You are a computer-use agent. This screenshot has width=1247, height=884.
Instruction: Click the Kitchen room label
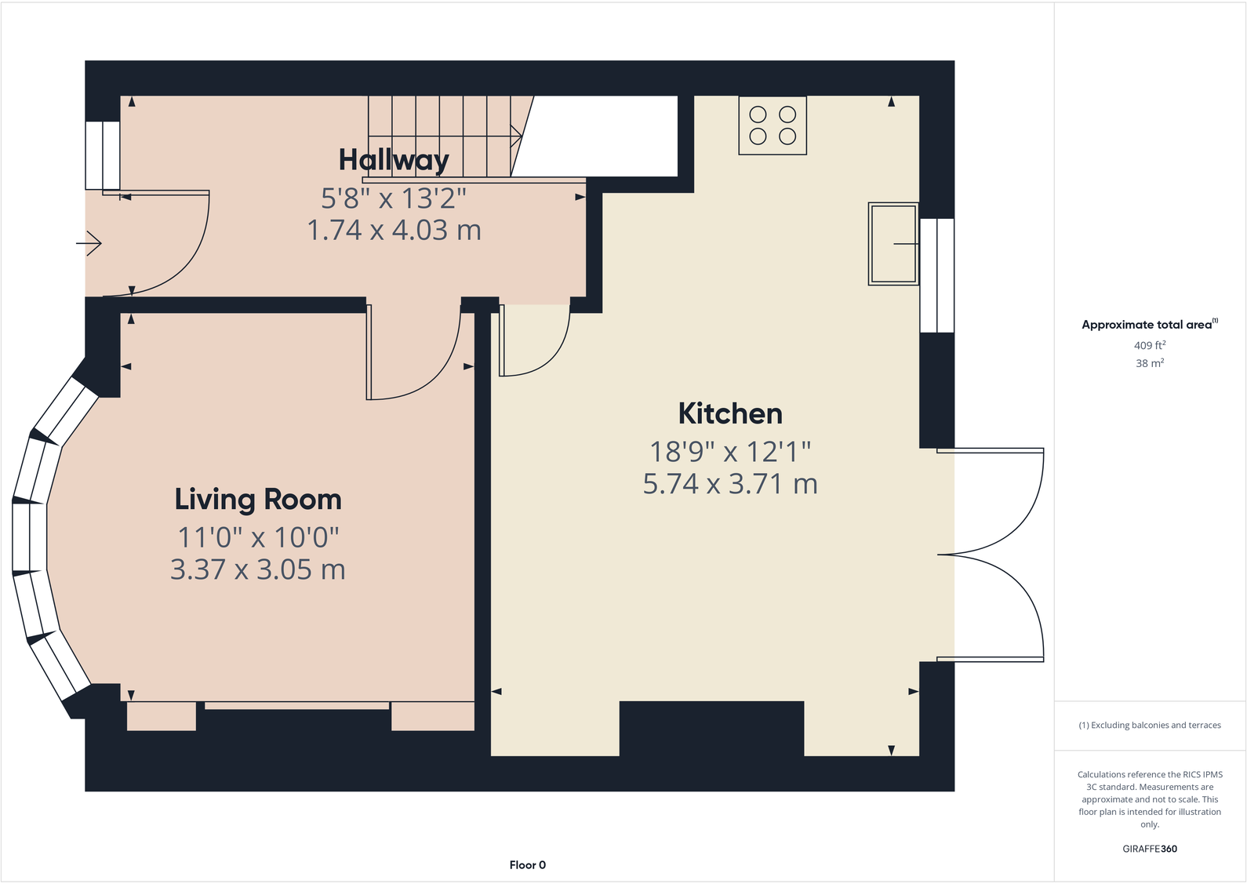(x=729, y=413)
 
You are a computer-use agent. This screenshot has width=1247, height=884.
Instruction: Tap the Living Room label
(x=257, y=500)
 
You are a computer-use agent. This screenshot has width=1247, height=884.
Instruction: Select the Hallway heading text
(x=393, y=160)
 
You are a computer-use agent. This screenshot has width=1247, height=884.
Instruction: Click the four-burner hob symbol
(x=773, y=126)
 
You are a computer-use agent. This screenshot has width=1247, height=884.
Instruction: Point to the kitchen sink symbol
(x=893, y=244)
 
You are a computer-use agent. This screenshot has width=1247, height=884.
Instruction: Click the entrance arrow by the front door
(x=89, y=244)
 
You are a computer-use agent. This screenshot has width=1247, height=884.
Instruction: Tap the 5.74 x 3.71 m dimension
(x=729, y=484)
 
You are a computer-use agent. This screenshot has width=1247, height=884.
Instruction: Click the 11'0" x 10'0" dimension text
(x=257, y=538)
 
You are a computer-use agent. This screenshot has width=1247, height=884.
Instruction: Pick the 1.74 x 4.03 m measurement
(x=393, y=231)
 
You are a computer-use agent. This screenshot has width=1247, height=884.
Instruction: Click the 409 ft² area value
(x=1149, y=345)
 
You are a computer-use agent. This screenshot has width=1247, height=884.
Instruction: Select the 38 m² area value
(x=1149, y=363)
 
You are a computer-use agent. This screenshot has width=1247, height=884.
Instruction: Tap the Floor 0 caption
(x=527, y=865)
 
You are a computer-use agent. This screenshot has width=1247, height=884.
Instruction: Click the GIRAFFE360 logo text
(x=1149, y=849)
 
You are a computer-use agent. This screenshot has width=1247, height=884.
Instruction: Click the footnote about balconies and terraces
(x=1149, y=726)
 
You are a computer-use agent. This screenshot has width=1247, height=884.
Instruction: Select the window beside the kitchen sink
(x=936, y=275)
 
